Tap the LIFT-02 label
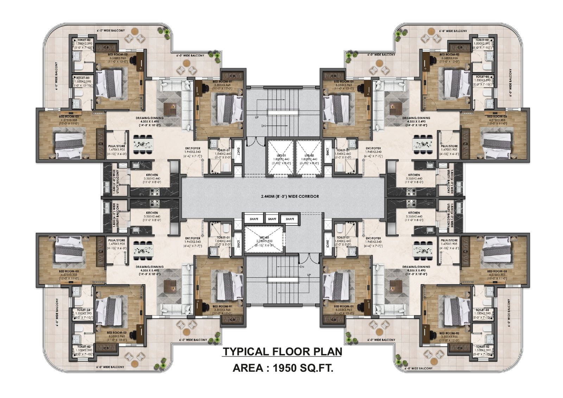point(309,155)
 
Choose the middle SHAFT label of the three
point(272,219)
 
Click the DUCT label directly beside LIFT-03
point(239,243)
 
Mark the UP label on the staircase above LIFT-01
point(257,117)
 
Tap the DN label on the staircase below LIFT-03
point(302,267)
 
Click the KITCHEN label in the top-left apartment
point(152,175)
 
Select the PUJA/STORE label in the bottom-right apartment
point(449,240)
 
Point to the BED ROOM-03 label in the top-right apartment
point(496,116)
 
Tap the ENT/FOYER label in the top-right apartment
point(373,148)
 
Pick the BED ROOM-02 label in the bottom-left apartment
point(116,332)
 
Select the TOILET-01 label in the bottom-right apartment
point(343,237)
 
